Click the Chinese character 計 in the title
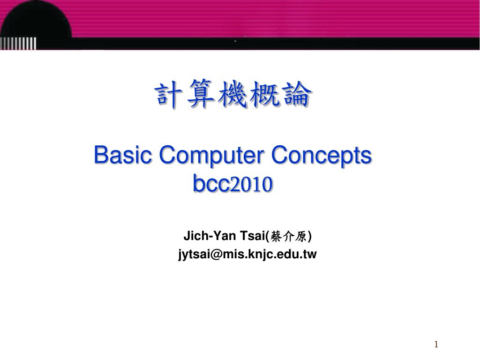170,96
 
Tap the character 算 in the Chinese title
201,96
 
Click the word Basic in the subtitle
123,155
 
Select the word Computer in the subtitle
211,155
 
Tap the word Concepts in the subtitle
322,155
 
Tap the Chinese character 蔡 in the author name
276,237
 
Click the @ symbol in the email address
215,255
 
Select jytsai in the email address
194,255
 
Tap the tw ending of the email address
310,255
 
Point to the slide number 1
436,345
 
